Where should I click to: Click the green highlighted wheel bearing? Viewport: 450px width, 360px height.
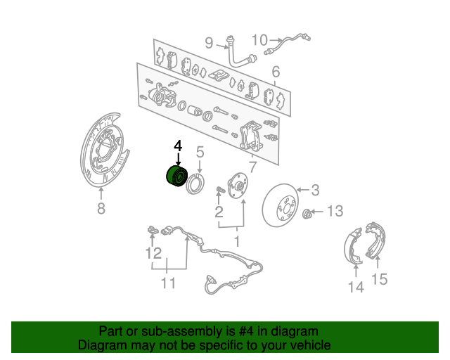(x=176, y=176)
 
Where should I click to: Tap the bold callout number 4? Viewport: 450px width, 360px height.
(x=178, y=146)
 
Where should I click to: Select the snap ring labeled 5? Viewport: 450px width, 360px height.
(x=195, y=184)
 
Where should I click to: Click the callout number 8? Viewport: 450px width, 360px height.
(x=101, y=208)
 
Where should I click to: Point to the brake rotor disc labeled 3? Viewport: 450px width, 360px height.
(x=280, y=205)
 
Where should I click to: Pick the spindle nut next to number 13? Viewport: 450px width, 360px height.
(x=307, y=213)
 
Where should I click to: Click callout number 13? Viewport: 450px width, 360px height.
(x=335, y=211)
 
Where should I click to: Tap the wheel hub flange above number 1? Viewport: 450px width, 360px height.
(x=238, y=186)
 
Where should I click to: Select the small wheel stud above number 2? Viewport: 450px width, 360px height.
(x=219, y=189)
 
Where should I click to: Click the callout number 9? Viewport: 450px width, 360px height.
(x=209, y=43)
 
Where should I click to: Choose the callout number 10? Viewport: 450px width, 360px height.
(x=259, y=40)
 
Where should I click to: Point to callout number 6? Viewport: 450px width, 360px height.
(x=276, y=72)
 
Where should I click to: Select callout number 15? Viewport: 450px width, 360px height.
(x=380, y=279)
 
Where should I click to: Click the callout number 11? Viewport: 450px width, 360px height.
(x=168, y=283)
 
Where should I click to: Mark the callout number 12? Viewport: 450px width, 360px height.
(x=153, y=254)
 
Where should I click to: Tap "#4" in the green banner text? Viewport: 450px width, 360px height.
(x=246, y=332)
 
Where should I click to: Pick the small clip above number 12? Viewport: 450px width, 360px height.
(x=153, y=230)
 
